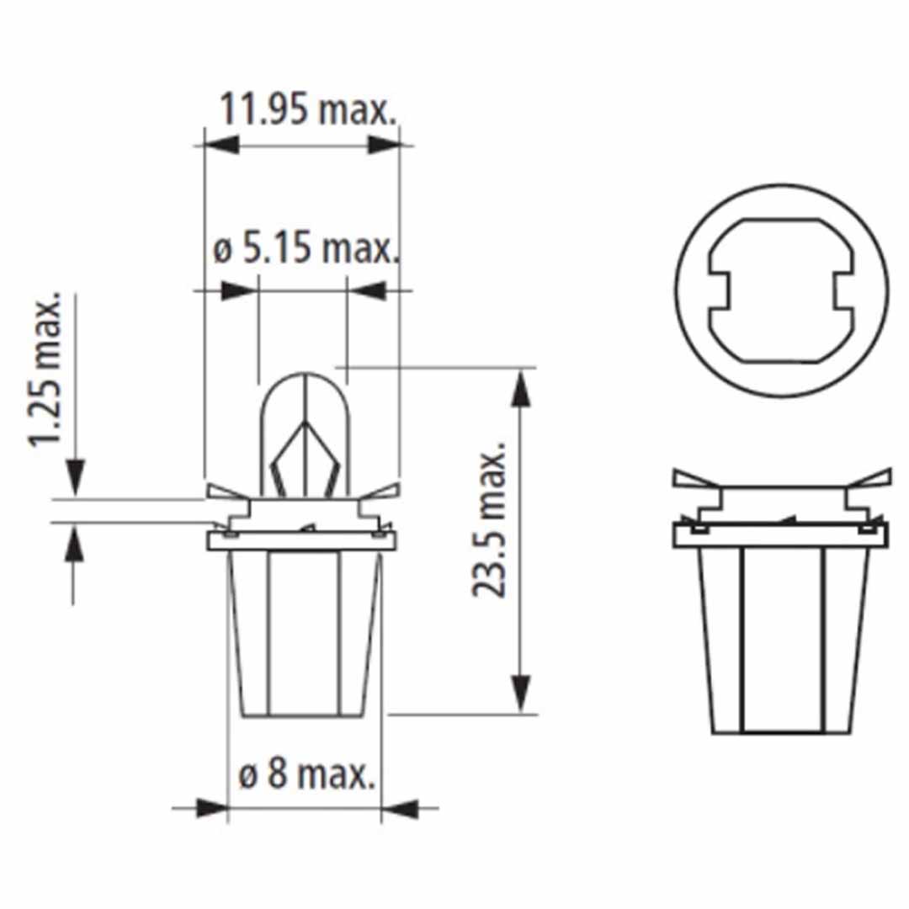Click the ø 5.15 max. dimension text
[304, 248]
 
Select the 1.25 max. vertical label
[46, 370]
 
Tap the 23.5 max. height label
[489, 523]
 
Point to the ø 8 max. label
[306, 774]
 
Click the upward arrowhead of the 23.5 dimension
[523, 388]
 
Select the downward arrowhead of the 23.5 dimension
[523, 695]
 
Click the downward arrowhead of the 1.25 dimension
[75, 479]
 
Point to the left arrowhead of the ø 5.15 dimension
[239, 291]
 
